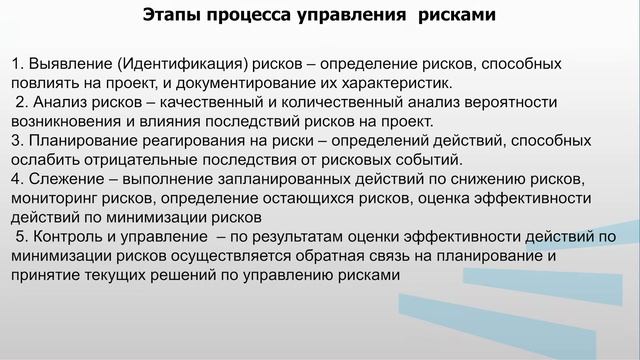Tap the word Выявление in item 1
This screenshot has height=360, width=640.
click(68, 64)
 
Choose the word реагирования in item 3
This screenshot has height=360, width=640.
click(184, 140)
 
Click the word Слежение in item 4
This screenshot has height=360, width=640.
click(63, 178)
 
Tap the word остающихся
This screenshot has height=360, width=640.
click(315, 197)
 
